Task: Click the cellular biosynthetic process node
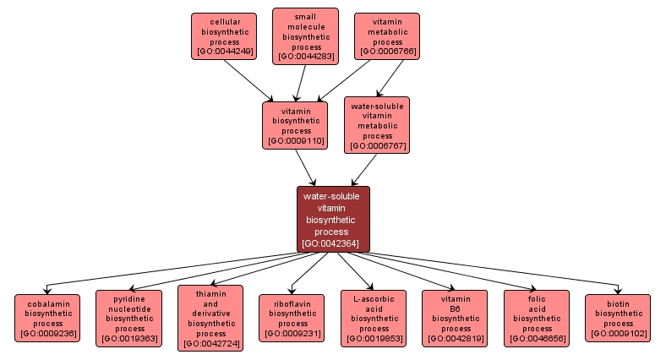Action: point(224,36)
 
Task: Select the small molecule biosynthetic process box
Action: point(305,36)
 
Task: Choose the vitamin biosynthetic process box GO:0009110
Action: point(296,125)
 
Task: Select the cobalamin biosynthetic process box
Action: point(48,318)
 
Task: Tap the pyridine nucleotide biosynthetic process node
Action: point(128,318)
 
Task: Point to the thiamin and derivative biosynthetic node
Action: point(210,318)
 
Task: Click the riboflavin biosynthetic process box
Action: point(292,318)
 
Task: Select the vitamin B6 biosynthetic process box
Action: point(456,318)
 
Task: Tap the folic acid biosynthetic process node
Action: point(538,318)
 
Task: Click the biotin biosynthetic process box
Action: point(619,318)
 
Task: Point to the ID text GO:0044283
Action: point(306,57)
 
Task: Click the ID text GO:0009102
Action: point(619,334)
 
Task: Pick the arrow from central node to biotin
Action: point(507,270)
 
